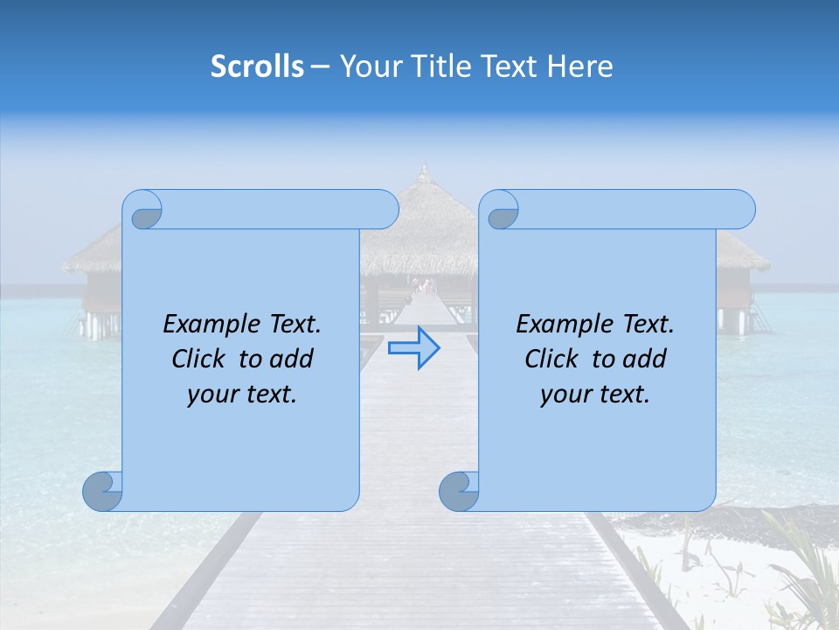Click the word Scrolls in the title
click(x=257, y=66)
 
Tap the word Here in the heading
click(x=580, y=66)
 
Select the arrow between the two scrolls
click(x=413, y=348)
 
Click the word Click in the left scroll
click(x=198, y=359)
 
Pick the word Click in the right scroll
click(x=551, y=359)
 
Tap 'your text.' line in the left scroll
click(x=242, y=395)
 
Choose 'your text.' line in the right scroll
click(x=595, y=395)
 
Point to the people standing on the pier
click(x=424, y=285)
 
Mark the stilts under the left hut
click(x=98, y=325)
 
